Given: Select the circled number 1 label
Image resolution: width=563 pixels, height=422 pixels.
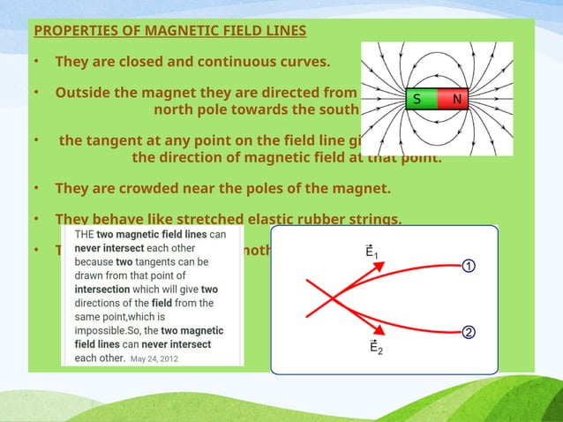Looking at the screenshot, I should coord(469,265).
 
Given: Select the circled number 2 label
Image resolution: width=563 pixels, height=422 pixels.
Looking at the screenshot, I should coord(469,332).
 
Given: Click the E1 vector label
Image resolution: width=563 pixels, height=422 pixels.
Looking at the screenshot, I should coord(374,252).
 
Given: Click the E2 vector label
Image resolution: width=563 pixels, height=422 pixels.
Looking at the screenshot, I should coord(375,347).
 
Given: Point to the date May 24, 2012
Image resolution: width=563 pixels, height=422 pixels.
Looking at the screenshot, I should coord(154,358).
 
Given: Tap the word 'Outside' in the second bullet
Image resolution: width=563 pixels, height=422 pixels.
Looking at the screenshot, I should coord(85,93).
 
